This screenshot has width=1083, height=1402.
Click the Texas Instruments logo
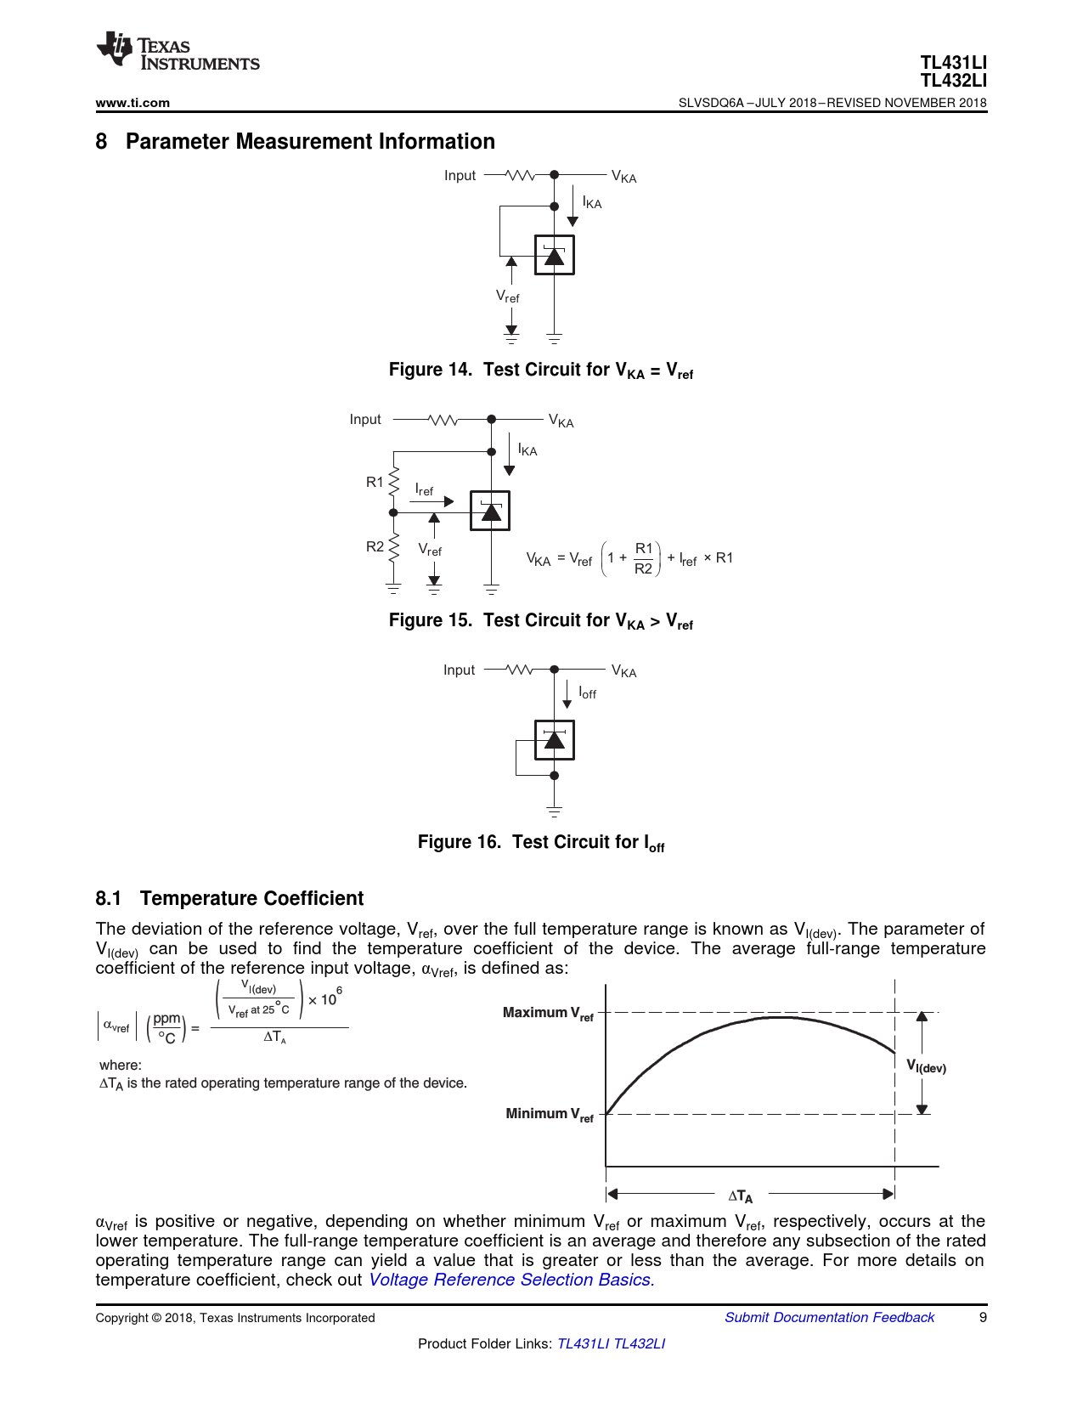coord(178,53)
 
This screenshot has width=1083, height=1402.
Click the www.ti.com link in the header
coord(133,103)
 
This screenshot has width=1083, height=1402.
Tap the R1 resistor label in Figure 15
coord(375,482)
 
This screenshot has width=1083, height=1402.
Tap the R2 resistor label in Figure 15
coord(375,546)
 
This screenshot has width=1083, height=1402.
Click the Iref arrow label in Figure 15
coord(424,489)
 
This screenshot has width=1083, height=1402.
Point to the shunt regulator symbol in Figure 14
coord(554,255)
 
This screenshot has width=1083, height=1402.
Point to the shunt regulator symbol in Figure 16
coord(554,740)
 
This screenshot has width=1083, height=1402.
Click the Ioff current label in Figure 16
coord(587,693)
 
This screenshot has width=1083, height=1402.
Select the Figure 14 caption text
coord(540,370)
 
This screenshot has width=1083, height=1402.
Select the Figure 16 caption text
coord(540,843)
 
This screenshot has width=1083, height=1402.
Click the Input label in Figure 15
coord(365,420)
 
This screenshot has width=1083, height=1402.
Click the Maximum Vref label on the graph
coord(548,1013)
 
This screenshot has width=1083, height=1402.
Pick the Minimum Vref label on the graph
coord(549,1114)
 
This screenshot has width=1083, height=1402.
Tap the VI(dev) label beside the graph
coord(926,1066)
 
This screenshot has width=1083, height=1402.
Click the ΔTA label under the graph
coord(740,1196)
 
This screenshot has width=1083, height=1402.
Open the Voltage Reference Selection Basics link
coord(511,1280)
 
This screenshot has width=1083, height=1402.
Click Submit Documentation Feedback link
coord(829,1317)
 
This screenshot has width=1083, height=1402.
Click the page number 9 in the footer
coord(983,1317)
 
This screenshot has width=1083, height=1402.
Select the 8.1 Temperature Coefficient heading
coord(229,898)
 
